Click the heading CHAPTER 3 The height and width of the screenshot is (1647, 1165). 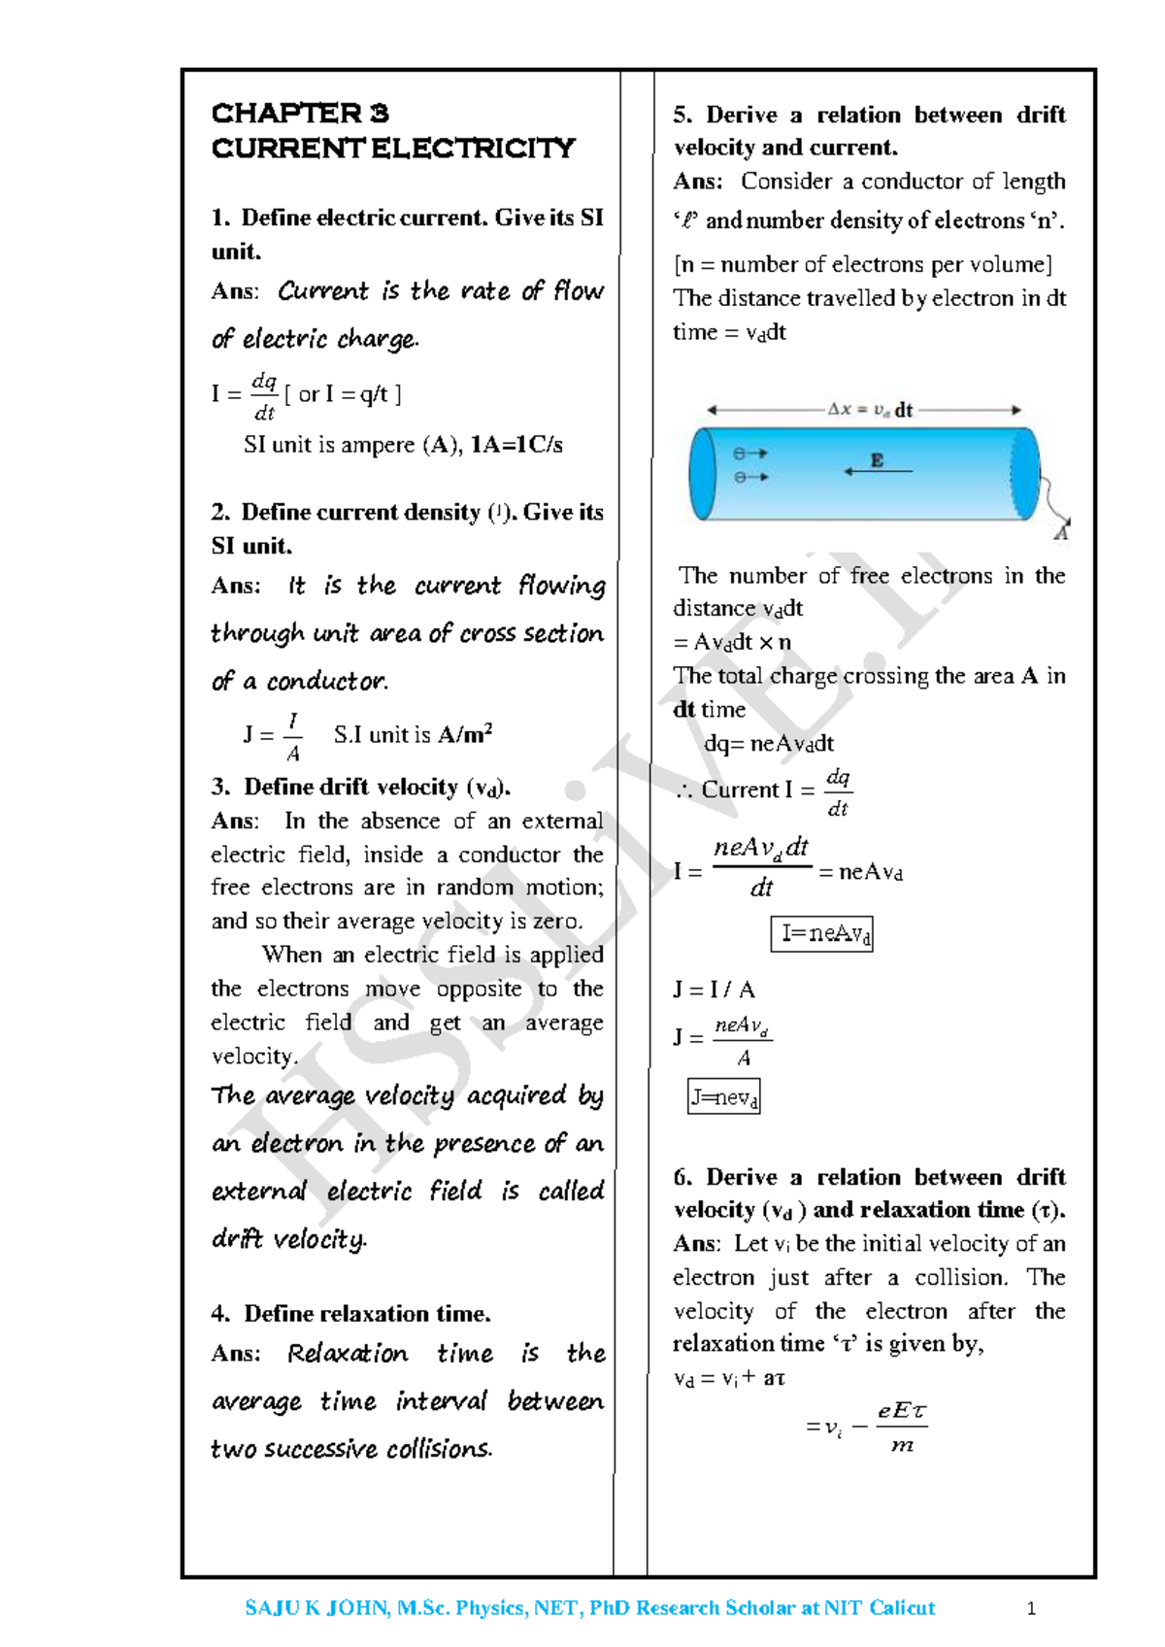(300, 114)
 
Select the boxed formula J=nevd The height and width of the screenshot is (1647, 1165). (723, 1097)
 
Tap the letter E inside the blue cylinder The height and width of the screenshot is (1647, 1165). (878, 460)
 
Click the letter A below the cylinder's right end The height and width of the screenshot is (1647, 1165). (1061, 533)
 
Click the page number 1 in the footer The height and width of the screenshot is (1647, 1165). (1031, 1609)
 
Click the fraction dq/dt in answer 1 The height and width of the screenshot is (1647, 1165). (264, 396)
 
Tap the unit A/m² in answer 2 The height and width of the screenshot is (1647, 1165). (465, 735)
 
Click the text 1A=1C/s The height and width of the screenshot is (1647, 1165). (516, 446)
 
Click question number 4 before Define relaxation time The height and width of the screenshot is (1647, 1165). (220, 1314)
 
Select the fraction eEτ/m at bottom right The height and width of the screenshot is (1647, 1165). (902, 1428)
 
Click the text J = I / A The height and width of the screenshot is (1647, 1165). (714, 990)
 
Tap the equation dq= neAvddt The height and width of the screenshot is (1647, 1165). (768, 744)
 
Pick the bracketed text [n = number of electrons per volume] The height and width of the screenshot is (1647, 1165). (862, 264)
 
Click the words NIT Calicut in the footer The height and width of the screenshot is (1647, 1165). (880, 1608)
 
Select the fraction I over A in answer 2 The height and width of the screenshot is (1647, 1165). (292, 737)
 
